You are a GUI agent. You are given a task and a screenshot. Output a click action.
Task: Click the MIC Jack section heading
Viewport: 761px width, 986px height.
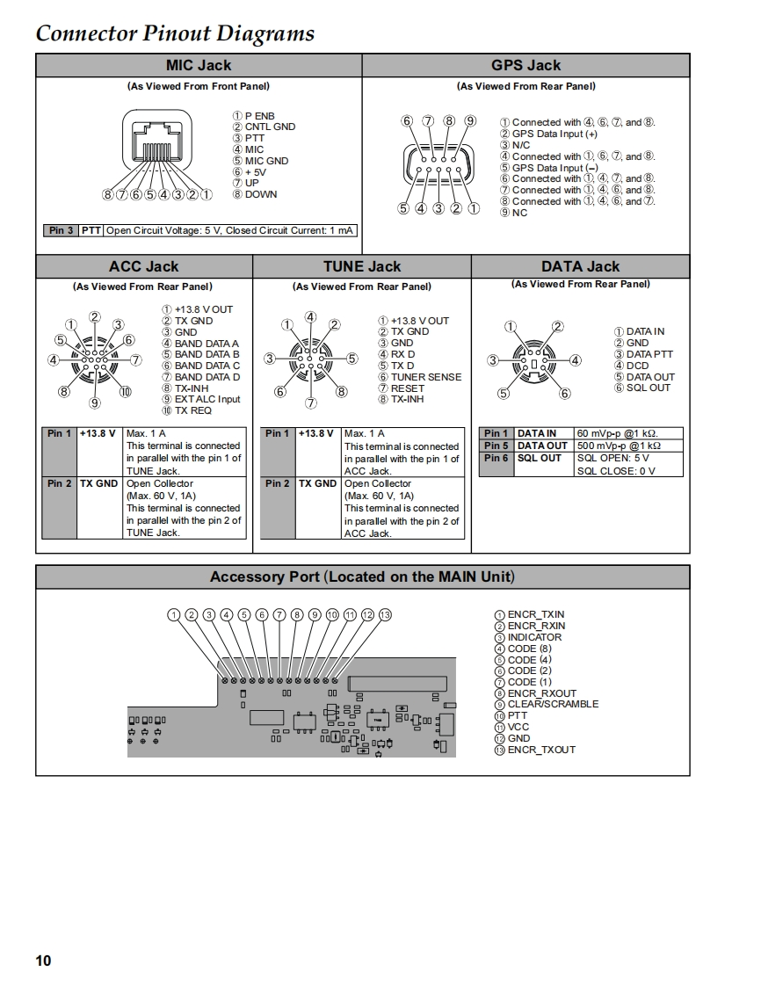[199, 65]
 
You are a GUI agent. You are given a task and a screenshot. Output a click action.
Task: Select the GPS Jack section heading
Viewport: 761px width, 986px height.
[525, 65]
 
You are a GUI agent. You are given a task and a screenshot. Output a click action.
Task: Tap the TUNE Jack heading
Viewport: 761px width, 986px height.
[361, 266]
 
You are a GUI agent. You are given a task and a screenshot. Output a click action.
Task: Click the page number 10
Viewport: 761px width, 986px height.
[43, 961]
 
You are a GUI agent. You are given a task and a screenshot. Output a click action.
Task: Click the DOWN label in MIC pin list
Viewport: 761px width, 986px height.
[260, 194]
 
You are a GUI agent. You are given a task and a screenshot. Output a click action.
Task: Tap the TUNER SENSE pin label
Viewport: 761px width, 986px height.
[425, 377]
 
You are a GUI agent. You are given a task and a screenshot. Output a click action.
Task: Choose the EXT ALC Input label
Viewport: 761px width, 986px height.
[207, 399]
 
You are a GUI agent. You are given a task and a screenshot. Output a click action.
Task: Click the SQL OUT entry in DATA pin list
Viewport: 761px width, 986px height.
[648, 388]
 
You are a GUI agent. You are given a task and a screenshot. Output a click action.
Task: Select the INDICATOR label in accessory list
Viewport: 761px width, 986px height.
[534, 637]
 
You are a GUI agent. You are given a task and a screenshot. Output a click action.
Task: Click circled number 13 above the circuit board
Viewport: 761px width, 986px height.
[384, 614]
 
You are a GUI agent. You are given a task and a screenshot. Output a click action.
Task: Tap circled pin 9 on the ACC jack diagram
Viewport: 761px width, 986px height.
[95, 403]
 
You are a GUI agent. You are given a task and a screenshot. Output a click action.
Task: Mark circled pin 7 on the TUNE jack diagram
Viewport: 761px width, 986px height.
[310, 403]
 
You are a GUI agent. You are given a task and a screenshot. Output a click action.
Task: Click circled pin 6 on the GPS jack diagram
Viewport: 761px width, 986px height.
[407, 121]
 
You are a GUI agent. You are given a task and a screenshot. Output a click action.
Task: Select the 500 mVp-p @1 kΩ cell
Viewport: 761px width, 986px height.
[618, 446]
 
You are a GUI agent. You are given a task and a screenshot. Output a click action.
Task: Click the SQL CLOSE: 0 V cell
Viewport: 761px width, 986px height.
[615, 471]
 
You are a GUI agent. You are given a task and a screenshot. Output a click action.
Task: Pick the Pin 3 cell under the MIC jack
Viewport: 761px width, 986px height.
[61, 230]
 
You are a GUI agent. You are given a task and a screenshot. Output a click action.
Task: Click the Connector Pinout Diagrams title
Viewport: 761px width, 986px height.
[175, 33]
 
